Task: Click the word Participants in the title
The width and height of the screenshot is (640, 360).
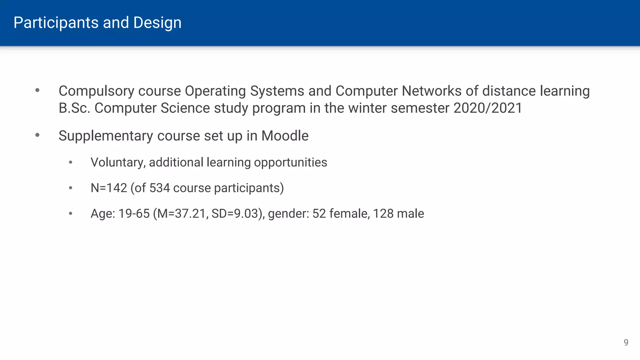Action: [x=56, y=23]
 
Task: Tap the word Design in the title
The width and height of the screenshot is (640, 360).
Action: [x=157, y=23]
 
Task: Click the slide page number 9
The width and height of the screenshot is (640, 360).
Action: [x=626, y=342]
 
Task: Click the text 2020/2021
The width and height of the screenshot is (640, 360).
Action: [x=487, y=108]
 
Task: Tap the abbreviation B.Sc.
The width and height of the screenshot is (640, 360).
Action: [x=74, y=108]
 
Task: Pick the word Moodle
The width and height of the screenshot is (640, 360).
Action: [x=285, y=136]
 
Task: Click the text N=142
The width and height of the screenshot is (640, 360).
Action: [x=109, y=188]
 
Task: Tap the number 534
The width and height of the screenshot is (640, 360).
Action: [x=159, y=188]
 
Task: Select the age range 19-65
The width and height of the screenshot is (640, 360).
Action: [x=134, y=214]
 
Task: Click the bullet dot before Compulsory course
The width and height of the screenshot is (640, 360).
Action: [x=37, y=91]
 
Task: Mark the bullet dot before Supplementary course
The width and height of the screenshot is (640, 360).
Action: [x=37, y=135]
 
